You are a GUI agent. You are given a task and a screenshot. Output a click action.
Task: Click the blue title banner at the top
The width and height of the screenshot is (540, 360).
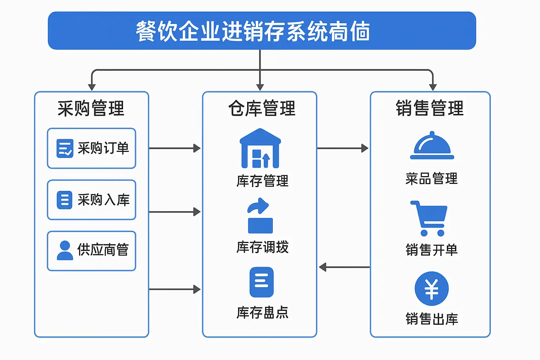[262, 31]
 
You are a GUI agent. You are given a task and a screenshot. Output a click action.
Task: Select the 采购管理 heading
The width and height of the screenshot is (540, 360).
[91, 108]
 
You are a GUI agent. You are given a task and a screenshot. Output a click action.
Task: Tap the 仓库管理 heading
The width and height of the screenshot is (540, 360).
[262, 108]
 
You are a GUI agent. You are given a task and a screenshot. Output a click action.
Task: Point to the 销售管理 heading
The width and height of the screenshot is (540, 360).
[430, 108]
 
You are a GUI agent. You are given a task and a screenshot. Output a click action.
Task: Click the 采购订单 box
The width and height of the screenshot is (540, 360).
[91, 148]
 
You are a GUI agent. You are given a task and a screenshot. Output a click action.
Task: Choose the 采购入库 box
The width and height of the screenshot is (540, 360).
[91, 200]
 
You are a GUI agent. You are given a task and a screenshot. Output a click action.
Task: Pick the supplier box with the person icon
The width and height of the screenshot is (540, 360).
[91, 251]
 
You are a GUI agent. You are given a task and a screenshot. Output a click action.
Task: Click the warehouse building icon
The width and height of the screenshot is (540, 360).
[260, 148]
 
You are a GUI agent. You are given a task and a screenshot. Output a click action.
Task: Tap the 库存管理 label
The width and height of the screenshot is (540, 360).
[262, 181]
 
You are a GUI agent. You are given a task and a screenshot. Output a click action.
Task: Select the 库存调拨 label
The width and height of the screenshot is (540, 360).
[262, 247]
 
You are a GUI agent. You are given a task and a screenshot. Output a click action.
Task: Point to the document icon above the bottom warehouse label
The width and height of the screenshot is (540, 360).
[261, 282]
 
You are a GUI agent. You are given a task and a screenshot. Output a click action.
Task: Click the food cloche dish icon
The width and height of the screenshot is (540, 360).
[432, 146]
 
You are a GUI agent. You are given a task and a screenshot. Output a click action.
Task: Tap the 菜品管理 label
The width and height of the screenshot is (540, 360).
[431, 179]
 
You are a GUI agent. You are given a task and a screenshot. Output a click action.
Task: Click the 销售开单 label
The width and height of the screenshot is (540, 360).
[431, 250]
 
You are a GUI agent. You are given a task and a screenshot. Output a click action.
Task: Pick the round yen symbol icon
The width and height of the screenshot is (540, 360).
[431, 289]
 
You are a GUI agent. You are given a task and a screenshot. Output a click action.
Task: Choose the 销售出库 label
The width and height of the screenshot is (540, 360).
[431, 319]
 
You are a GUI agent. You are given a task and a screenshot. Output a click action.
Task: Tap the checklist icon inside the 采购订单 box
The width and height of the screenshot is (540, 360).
[65, 148]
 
